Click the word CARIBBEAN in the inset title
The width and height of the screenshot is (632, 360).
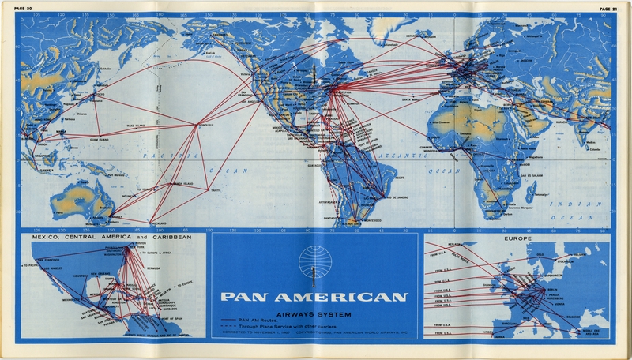173,238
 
